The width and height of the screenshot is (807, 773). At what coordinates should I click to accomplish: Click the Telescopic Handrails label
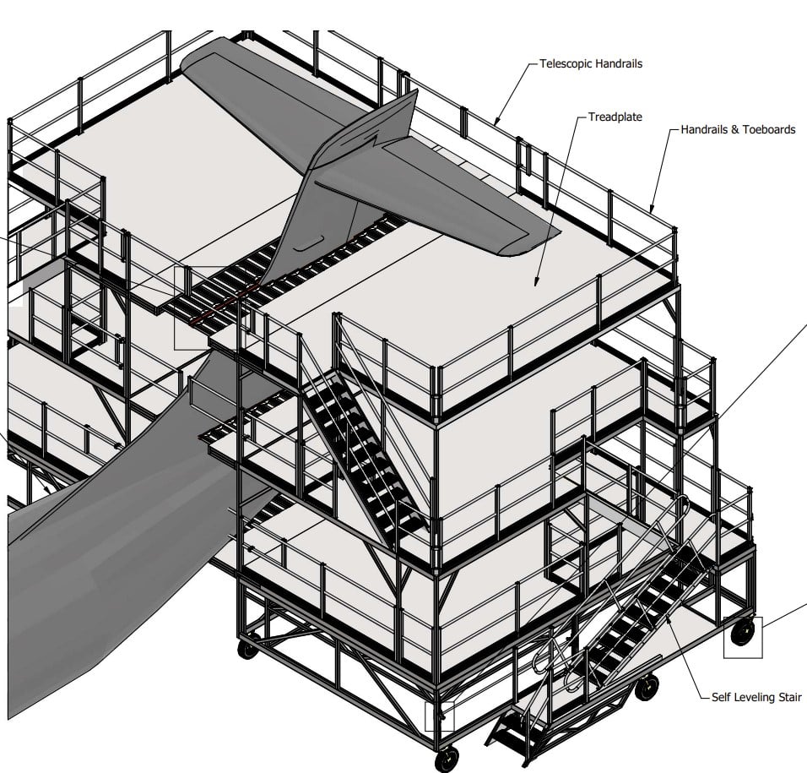pos(590,64)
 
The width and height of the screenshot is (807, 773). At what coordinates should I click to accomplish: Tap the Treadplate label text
pos(615,117)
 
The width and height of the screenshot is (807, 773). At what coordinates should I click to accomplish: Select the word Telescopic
pos(565,64)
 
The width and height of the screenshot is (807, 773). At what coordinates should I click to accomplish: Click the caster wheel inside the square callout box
pos(742,632)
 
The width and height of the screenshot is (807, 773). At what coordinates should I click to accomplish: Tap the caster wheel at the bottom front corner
pos(447,758)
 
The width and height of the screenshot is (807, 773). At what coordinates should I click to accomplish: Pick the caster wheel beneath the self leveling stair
pos(647,687)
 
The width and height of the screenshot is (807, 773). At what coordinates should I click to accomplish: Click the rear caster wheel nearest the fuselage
pos(247,649)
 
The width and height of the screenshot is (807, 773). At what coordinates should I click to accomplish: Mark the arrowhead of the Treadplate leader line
pos(535,286)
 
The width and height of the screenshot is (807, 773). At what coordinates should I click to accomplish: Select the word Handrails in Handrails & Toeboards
pos(704,130)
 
